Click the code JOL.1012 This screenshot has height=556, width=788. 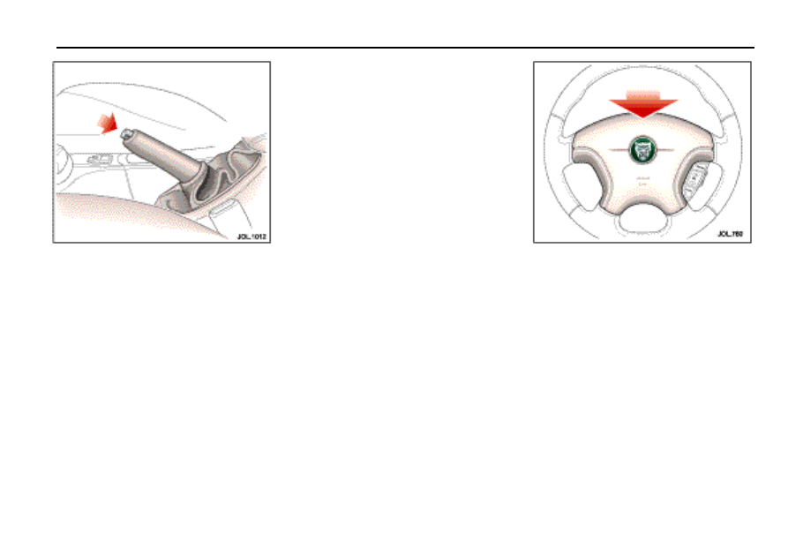coord(251,237)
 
